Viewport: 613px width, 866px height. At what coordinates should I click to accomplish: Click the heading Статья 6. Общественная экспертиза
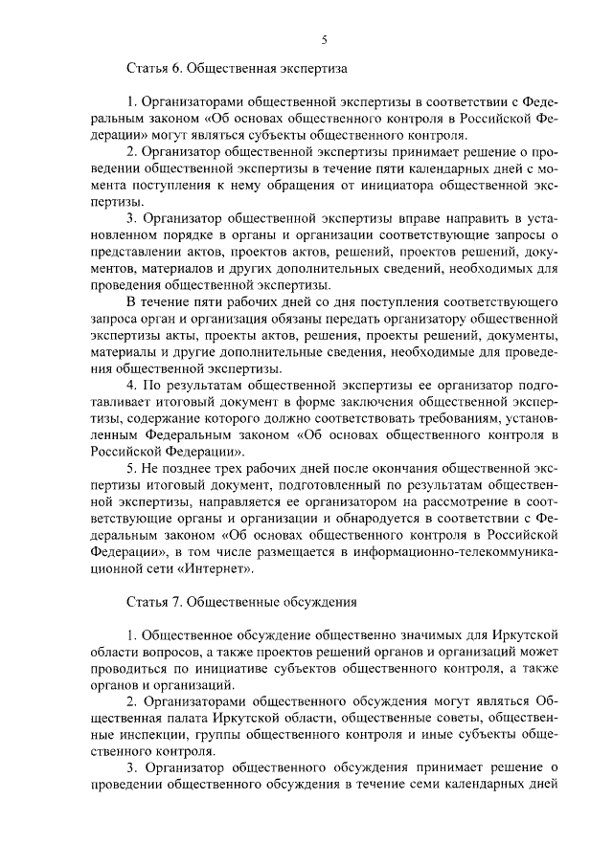coord(237,70)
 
